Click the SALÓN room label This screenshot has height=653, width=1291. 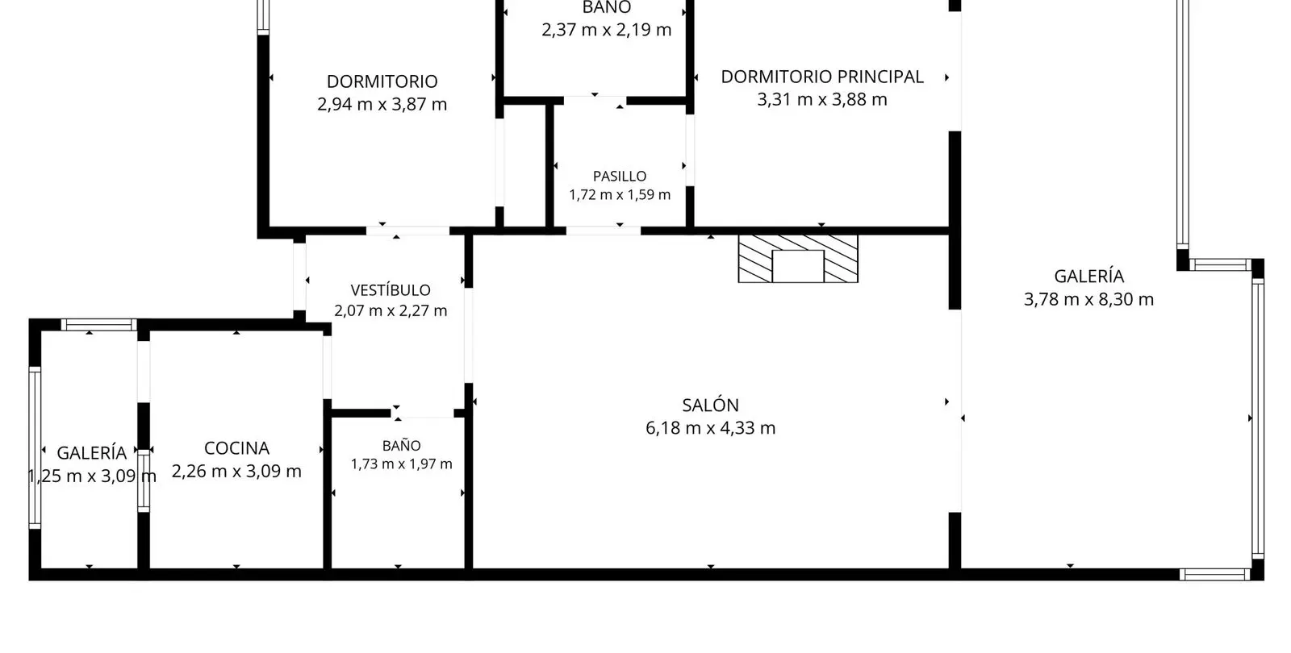[710, 406]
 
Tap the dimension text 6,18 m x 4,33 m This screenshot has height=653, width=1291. [710, 428]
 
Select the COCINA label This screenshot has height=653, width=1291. [236, 448]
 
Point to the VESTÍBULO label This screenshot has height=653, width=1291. [391, 289]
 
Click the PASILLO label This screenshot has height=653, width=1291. [620, 177]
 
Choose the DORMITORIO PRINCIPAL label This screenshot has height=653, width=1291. [822, 77]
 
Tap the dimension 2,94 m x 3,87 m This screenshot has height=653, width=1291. [382, 104]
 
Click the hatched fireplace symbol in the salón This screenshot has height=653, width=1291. [798, 259]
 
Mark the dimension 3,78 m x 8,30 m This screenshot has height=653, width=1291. [1088, 299]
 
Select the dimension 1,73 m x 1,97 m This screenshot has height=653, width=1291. [402, 464]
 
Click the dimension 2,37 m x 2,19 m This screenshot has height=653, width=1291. [606, 29]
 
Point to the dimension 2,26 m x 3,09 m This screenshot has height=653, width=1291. [236, 471]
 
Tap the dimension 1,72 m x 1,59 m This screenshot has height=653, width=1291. [620, 194]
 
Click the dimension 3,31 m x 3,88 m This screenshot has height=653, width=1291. [822, 100]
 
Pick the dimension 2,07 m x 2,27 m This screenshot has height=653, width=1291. [391, 311]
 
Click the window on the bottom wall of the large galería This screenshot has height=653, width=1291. [1214, 574]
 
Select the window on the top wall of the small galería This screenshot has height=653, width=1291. [99, 325]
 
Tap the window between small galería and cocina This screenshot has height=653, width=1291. [144, 480]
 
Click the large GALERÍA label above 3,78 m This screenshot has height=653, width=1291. [1088, 277]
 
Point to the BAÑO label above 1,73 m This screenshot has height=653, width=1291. [402, 446]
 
